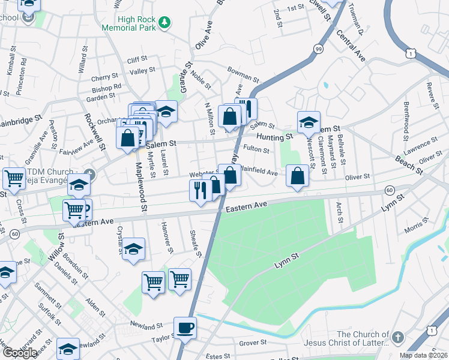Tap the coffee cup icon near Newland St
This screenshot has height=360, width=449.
pos(185,328)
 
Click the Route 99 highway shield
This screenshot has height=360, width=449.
pos(318,48)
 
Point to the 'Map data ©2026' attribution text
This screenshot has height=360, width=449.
pos(424,355)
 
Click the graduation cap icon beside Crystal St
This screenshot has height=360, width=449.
pos(134,248)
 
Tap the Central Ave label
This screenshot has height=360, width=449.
pos(352,46)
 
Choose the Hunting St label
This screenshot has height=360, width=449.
pos(276,137)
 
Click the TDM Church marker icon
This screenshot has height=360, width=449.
pos(90,174)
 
